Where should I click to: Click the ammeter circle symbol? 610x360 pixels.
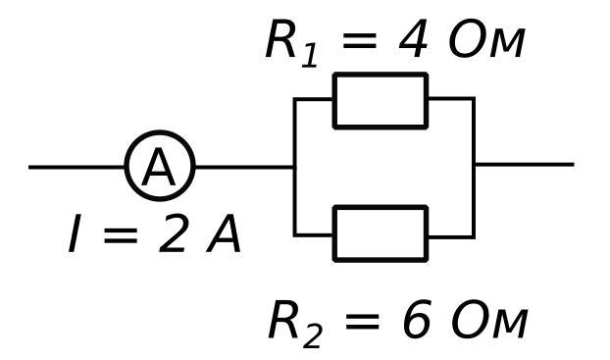[x=160, y=132]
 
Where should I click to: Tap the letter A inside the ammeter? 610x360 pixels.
[x=159, y=168]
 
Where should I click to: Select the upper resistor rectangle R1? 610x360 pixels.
[x=381, y=74]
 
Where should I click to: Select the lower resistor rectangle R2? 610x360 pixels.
[x=381, y=207]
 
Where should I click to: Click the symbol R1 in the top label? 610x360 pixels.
[x=291, y=42]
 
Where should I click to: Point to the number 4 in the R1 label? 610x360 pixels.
[x=413, y=39]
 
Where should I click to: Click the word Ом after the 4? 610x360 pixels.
[x=487, y=39]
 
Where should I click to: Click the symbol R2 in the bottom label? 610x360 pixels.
[x=295, y=324]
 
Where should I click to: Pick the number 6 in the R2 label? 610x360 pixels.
[x=417, y=319]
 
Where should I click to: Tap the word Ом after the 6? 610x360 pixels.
[x=489, y=319]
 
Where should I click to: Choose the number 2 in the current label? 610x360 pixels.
[x=173, y=233]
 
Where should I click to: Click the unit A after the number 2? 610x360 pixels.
[x=224, y=233]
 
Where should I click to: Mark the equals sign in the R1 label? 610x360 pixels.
[x=360, y=40]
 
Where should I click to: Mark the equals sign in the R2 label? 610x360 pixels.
[x=362, y=321]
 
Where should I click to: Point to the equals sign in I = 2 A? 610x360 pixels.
[x=121, y=235]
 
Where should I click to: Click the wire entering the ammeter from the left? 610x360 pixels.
[x=76, y=168]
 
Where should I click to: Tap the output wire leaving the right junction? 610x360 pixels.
[x=525, y=165]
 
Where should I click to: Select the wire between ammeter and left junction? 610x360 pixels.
[x=245, y=168]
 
